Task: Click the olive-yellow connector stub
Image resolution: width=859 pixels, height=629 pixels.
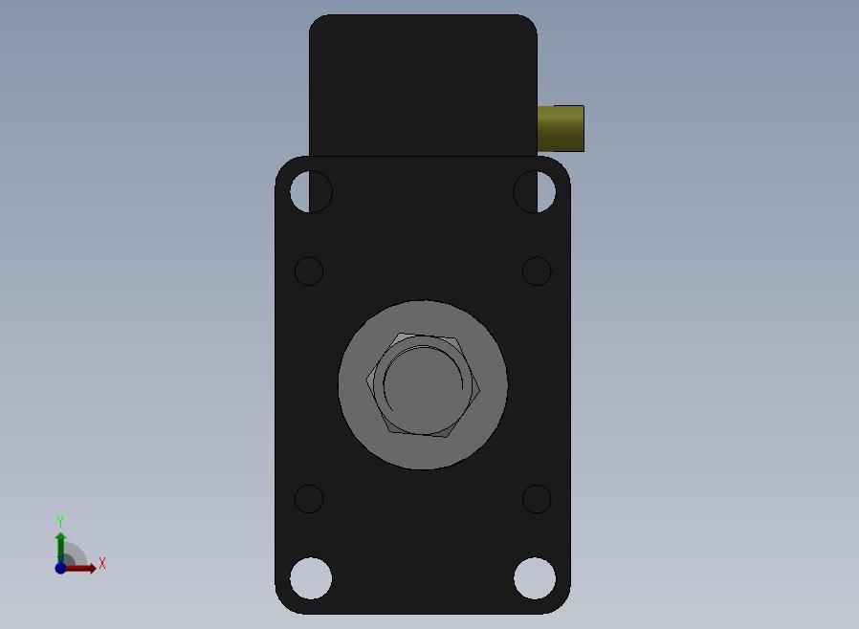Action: [x=561, y=129]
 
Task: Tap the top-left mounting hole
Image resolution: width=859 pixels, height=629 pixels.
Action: [x=311, y=191]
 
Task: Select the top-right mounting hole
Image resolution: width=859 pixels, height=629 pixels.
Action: [x=535, y=191]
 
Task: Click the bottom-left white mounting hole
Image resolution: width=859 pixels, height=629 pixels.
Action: [x=311, y=578]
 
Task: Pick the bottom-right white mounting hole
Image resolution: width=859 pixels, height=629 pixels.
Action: [x=535, y=578]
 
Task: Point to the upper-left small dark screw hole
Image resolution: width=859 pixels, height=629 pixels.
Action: [x=309, y=271]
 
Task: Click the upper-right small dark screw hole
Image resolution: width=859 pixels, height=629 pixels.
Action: [x=537, y=271]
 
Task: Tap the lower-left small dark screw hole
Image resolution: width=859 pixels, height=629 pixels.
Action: [x=309, y=499]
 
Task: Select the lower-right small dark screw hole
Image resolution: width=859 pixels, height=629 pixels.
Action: [x=537, y=499]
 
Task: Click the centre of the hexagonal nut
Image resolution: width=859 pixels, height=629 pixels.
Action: [x=423, y=385]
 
